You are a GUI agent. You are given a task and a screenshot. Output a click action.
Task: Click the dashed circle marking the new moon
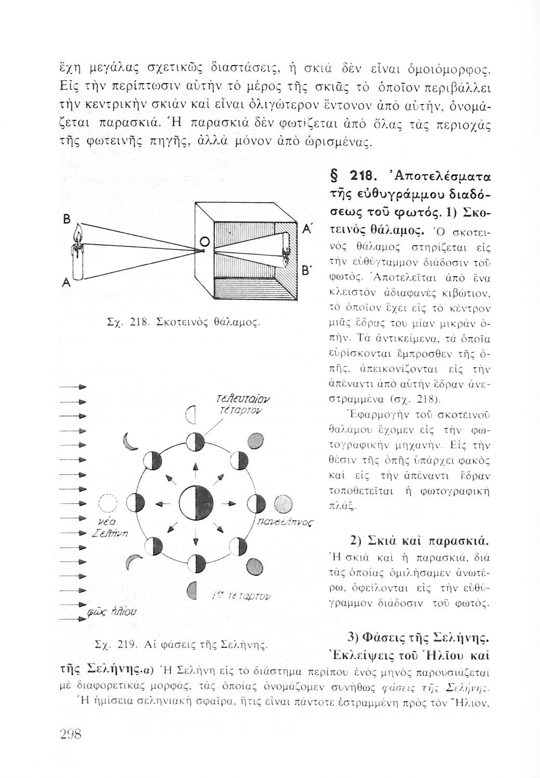(108, 503)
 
